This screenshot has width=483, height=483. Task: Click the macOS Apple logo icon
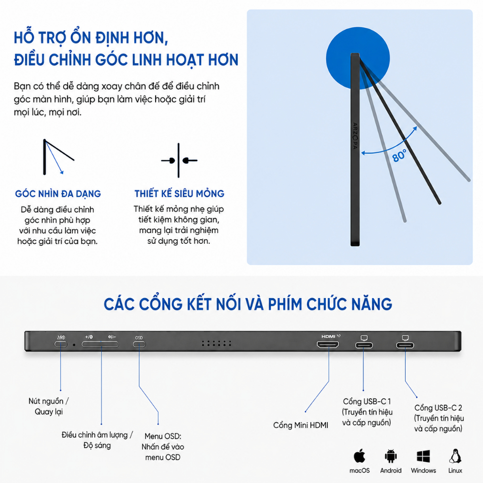pos(359,456)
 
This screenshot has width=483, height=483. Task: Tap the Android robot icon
pos(390,456)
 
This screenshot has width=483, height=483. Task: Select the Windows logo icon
pos(423,456)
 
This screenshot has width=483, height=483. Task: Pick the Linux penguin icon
pos(455,456)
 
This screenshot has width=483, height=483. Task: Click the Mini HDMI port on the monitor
pos(328,344)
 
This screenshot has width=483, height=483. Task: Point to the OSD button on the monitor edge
pos(139,344)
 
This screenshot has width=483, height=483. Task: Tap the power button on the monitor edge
pos(61,344)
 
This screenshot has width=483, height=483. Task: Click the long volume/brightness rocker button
pos(100,344)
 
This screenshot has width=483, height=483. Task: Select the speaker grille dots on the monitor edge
pos(216,343)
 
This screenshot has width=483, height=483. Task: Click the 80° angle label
pos(399,156)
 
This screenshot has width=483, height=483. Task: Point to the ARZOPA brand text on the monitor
pos(355,136)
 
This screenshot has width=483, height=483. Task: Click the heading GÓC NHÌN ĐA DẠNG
pos(58,194)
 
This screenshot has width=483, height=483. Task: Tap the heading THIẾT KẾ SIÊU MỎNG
pos(179,193)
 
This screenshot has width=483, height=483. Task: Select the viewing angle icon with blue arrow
pos(58,157)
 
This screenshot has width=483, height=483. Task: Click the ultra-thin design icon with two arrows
pos(179,160)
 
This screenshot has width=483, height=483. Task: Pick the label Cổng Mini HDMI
pos(300,425)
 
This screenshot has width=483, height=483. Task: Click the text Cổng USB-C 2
pos(438,408)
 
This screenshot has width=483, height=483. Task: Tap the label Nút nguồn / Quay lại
pos(49,406)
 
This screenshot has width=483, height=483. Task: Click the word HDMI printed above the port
pos(328,336)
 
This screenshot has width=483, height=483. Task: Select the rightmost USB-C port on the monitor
pos(405,345)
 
